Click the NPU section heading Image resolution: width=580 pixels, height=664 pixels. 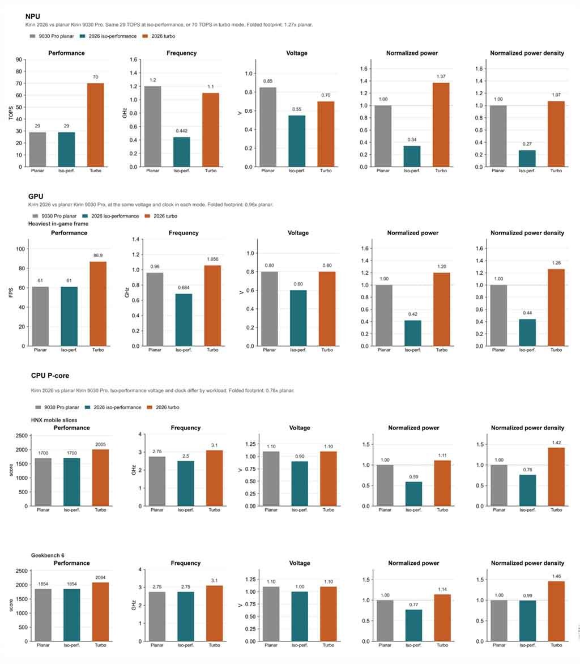tap(33, 16)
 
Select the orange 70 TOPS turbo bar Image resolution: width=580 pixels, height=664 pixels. tap(95, 125)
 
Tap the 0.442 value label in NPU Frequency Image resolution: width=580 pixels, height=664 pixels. tap(182, 131)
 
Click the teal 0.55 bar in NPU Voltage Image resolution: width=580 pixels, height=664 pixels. tap(297, 141)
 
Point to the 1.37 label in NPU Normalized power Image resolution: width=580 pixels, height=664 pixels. tap(441, 76)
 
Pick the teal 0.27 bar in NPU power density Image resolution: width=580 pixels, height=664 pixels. tap(527, 159)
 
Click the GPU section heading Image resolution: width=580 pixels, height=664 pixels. tap(36, 197)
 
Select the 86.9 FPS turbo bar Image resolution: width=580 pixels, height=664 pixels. tap(98, 304)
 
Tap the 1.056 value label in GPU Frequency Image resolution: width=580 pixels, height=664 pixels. tap(212, 259)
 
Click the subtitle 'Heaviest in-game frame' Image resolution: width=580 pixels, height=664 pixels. tap(58, 224)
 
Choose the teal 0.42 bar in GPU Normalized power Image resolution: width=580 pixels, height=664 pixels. tap(413, 333)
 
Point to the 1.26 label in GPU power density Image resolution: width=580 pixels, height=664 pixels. tap(556, 263)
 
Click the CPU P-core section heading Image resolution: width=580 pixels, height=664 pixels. tap(50, 376)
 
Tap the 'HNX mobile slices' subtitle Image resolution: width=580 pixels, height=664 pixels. tap(54, 420)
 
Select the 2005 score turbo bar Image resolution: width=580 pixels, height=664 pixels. tap(100, 478)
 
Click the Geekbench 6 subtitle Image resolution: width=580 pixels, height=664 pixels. tap(48, 555)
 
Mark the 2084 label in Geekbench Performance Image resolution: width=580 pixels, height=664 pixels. tap(100, 578)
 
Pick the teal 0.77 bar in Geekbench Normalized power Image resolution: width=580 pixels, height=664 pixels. tap(413, 625)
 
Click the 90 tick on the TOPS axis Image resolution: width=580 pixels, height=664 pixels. tap(19, 59)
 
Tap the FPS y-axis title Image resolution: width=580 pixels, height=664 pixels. tap(11, 292)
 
